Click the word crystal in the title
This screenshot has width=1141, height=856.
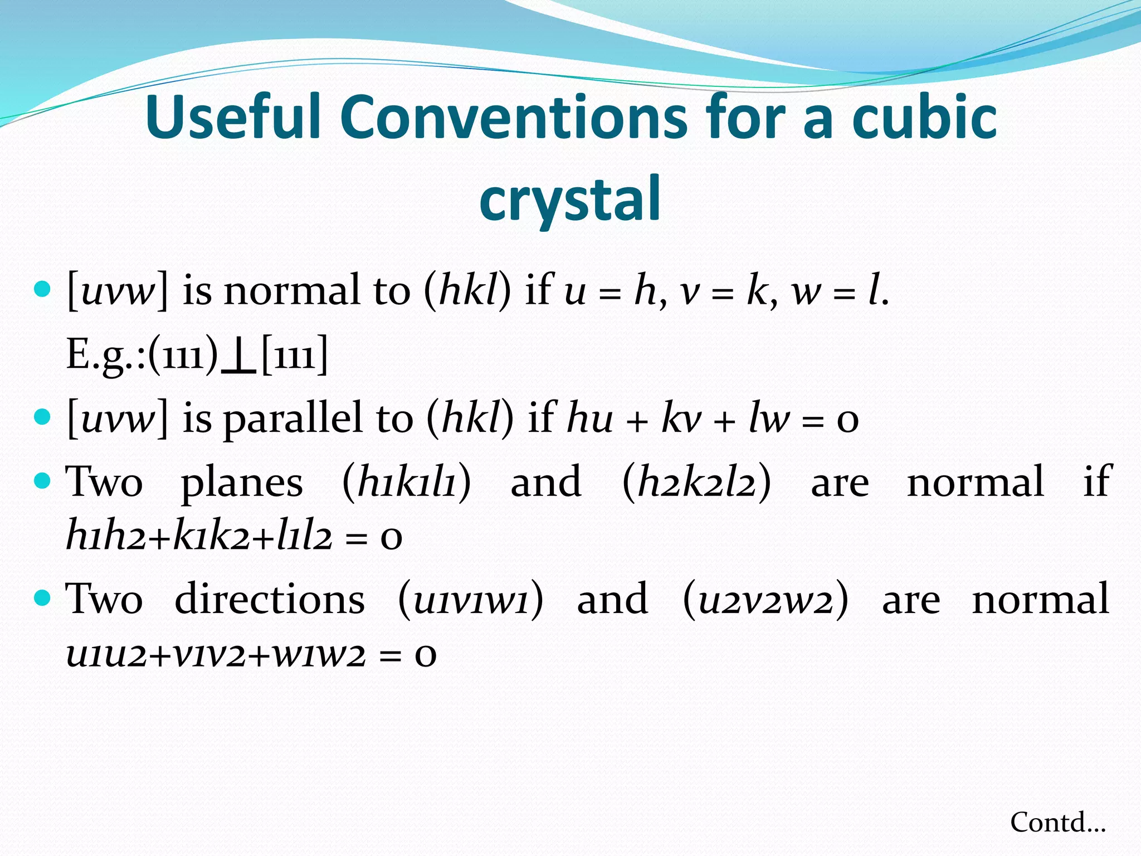pyautogui.click(x=570, y=198)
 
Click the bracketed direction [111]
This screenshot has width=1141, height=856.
pyautogui.click(x=294, y=356)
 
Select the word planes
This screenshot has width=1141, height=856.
pyautogui.click(x=242, y=482)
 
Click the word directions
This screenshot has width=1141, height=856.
pyautogui.click(x=270, y=600)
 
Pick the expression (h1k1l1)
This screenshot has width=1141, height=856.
pyautogui.click(x=407, y=482)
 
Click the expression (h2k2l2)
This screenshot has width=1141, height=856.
pyautogui.click(x=696, y=482)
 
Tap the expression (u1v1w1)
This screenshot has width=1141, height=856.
pyautogui.click(x=471, y=600)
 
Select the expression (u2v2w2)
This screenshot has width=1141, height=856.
pyautogui.click(x=765, y=600)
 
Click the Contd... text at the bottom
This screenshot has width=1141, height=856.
pyautogui.click(x=1057, y=823)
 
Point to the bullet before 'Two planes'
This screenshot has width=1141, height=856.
pyautogui.click(x=42, y=480)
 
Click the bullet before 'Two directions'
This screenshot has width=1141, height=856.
pyautogui.click(x=42, y=598)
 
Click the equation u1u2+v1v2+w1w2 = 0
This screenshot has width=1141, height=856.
pyautogui.click(x=251, y=654)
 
